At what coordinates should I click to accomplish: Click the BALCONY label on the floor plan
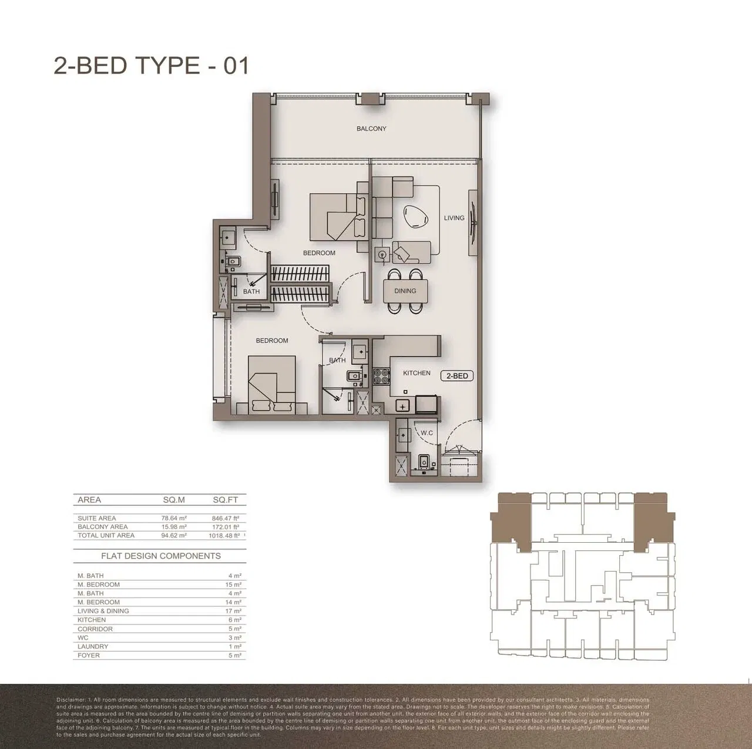pyautogui.click(x=371, y=129)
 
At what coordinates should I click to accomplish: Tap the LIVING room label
pyautogui.click(x=454, y=218)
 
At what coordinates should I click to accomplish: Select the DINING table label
pyautogui.click(x=405, y=291)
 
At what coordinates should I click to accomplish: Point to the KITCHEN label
pyautogui.click(x=417, y=373)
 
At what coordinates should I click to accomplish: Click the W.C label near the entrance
pyautogui.click(x=427, y=433)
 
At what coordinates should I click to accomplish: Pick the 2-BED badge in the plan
pyautogui.click(x=456, y=376)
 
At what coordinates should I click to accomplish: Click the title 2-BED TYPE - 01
pyautogui.click(x=152, y=65)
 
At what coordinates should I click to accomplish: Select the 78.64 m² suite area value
pyautogui.click(x=174, y=518)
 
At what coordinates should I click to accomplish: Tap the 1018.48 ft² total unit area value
pyautogui.click(x=225, y=536)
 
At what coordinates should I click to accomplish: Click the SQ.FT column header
pyautogui.click(x=226, y=500)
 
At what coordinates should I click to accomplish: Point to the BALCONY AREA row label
pyautogui.click(x=102, y=527)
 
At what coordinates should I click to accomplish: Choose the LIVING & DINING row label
pyautogui.click(x=103, y=611)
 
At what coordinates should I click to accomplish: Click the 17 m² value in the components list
pyautogui.click(x=234, y=611)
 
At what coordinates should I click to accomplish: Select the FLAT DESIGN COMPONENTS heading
pyautogui.click(x=161, y=556)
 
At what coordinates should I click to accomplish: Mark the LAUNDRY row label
pyautogui.click(x=93, y=646)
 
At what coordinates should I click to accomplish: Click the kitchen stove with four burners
pyautogui.click(x=381, y=376)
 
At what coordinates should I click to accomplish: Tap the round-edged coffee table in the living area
pyautogui.click(x=415, y=216)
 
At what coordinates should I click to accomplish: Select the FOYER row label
pyautogui.click(x=89, y=655)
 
